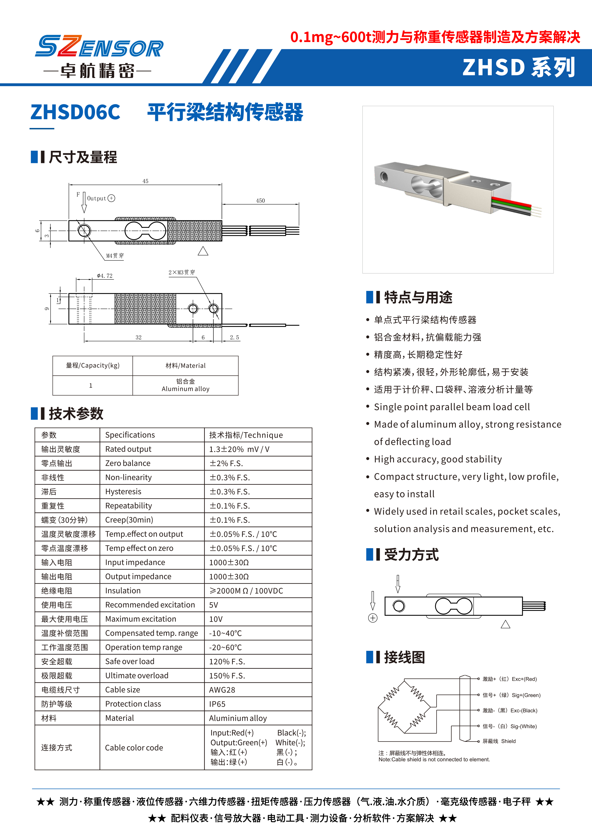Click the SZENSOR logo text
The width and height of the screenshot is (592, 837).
tap(99, 47)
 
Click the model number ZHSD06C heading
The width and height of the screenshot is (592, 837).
tap(75, 112)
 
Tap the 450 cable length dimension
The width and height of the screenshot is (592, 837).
tap(260, 200)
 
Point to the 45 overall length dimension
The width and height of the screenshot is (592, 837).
tap(145, 181)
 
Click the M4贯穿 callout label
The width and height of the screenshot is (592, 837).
tap(115, 256)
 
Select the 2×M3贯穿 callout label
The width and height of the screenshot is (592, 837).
tap(181, 272)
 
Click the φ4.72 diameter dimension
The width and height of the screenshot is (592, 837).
tap(105, 276)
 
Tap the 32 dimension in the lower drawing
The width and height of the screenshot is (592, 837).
tap(138, 337)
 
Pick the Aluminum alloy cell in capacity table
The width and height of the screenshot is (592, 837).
tap(185, 385)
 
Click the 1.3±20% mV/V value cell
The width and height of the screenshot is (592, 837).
tap(239, 449)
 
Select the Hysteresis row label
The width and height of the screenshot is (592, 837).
tap(123, 491)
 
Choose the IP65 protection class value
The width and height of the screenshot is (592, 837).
tap(217, 704)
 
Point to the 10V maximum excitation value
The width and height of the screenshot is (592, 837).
tap(216, 619)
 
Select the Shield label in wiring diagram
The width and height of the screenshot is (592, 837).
tap(508, 741)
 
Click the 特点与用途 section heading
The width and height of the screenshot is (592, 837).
tap(418, 297)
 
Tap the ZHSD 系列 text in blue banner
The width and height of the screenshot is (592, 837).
tap(518, 68)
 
